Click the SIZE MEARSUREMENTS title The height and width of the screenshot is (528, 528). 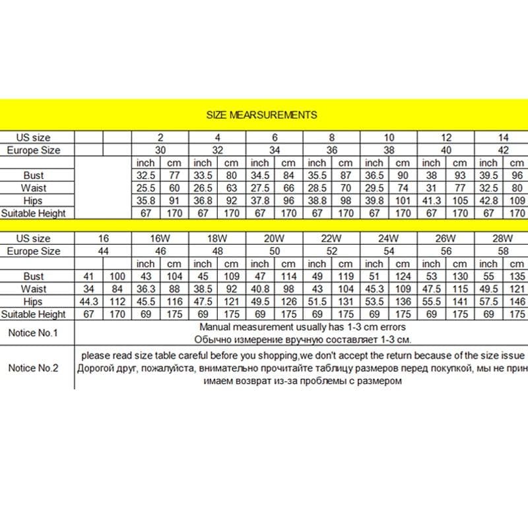pyautogui.click(x=261, y=114)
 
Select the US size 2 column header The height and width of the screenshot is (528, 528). pyautogui.click(x=160, y=137)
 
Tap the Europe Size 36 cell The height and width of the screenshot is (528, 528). pyautogui.click(x=332, y=150)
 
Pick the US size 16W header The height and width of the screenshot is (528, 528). pyautogui.click(x=160, y=238)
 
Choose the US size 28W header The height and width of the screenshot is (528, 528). pyautogui.click(x=503, y=238)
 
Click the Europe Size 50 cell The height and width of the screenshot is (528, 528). pyautogui.click(x=275, y=251)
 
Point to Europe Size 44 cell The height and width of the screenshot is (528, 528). pyautogui.click(x=103, y=251)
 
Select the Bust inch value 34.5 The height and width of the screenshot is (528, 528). pyautogui.click(x=259, y=176)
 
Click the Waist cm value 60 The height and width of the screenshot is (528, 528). pyautogui.click(x=174, y=188)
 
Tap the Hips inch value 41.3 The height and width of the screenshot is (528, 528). pyautogui.click(x=431, y=201)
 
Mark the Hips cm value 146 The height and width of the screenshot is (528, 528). pyautogui.click(x=517, y=302)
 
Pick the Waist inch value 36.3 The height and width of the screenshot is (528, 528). pyautogui.click(x=145, y=289)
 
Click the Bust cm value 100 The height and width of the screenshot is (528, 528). pyautogui.click(x=117, y=277)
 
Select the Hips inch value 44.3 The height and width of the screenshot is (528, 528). pyautogui.click(x=88, y=302)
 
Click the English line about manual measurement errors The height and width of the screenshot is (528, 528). pyautogui.click(x=305, y=327)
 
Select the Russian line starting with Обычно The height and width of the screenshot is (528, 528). pyautogui.click(x=305, y=339)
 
